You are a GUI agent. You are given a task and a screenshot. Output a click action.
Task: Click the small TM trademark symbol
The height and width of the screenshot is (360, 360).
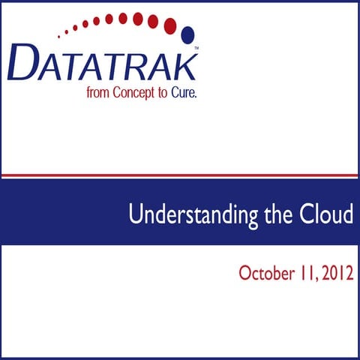tap(196, 48)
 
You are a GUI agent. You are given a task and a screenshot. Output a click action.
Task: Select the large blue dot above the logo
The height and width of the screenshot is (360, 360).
tap(187, 34)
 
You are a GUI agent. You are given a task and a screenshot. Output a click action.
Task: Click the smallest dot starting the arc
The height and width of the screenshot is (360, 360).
tap(59, 34)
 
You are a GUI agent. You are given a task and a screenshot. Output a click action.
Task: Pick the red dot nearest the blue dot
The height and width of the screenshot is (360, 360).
tap(170, 25)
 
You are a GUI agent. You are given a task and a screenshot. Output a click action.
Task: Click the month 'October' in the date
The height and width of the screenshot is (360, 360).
tap(264, 273)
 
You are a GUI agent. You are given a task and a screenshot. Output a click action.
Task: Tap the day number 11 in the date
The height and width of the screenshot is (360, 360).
tap(304, 273)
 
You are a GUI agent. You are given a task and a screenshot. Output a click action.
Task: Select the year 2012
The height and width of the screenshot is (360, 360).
tap(335, 273)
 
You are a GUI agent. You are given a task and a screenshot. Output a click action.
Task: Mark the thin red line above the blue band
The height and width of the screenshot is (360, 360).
tap(180, 175)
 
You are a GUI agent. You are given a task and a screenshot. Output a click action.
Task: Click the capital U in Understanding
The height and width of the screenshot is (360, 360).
tap(135, 215)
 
